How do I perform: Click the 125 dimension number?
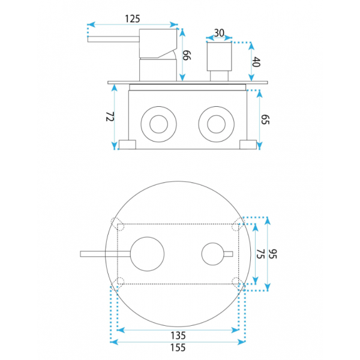132,19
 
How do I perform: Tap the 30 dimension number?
219,33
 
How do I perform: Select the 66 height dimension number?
187,56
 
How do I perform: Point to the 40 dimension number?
256,62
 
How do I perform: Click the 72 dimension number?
110,116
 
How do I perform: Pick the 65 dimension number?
265,119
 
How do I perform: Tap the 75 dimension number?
260,254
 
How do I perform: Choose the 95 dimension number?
272,254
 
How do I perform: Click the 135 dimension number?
178,335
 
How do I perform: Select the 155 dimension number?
178,347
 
